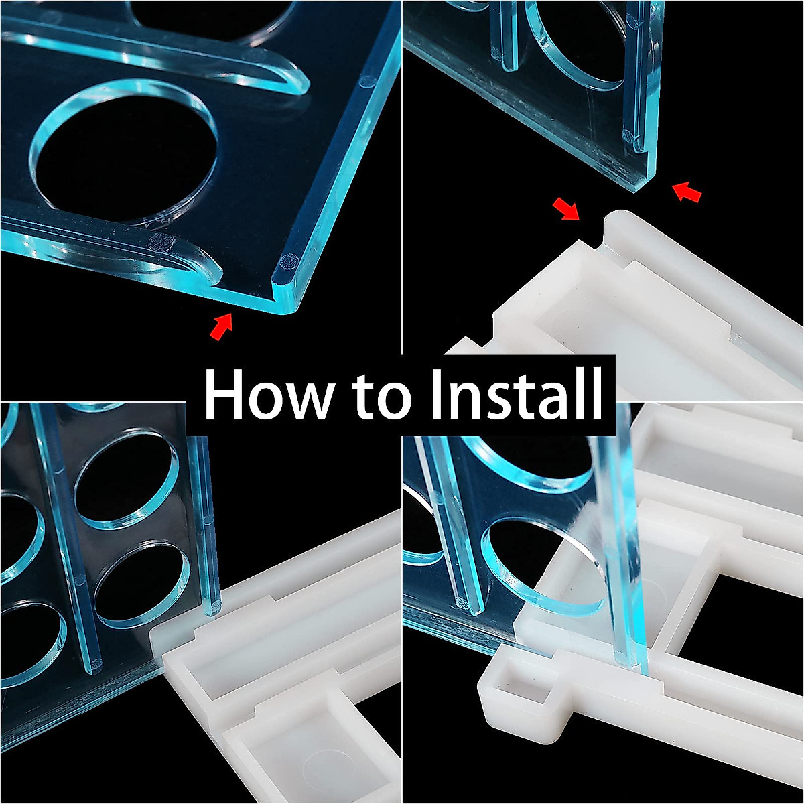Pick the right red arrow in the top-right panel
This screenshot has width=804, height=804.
coord(687,193)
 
